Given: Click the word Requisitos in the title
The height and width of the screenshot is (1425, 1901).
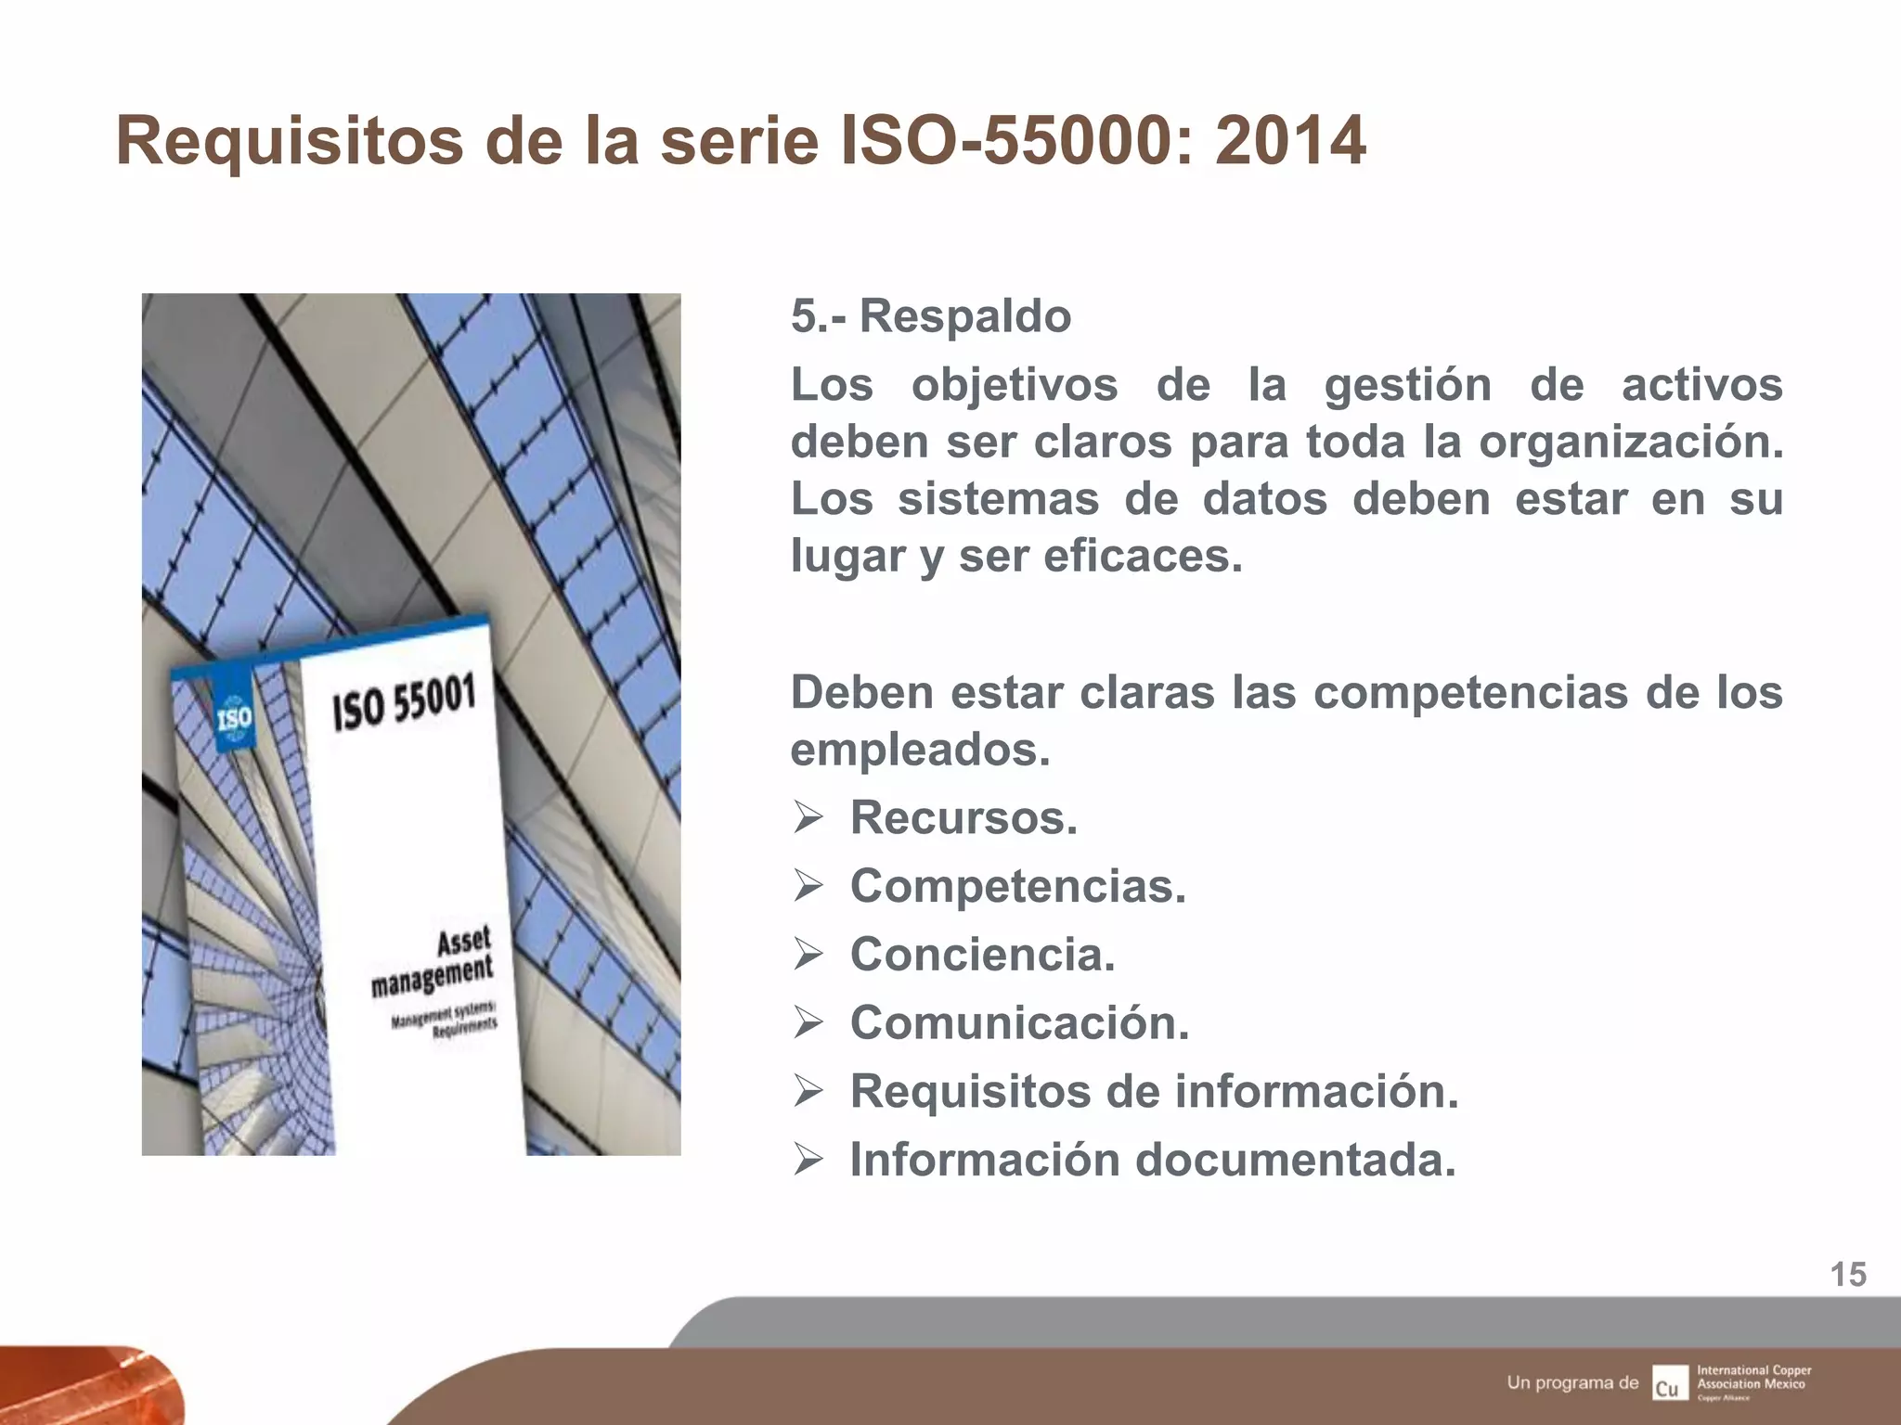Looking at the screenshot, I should [x=289, y=142].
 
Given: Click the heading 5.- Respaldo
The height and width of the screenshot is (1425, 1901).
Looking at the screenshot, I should [x=930, y=316].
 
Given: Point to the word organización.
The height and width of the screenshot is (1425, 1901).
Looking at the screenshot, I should [x=1630, y=443].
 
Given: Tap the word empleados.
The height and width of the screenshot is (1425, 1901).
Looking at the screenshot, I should [x=920, y=750].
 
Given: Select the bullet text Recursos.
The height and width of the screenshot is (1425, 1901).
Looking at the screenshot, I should [x=963, y=818].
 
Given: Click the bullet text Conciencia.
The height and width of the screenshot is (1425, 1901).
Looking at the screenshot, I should [x=982, y=955].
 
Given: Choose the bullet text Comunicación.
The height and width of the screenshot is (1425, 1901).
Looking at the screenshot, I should [x=1019, y=1023].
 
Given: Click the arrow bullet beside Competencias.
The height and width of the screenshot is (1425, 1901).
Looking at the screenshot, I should [x=808, y=887].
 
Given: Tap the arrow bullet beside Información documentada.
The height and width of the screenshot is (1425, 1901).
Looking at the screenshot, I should [x=808, y=1161].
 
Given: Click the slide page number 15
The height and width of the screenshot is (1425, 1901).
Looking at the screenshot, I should [x=1847, y=1275].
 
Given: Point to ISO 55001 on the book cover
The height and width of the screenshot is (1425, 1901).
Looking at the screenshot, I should [x=405, y=703].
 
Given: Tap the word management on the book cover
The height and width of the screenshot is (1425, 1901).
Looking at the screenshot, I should [x=433, y=976].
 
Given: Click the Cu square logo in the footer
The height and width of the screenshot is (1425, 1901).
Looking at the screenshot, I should [x=1668, y=1383].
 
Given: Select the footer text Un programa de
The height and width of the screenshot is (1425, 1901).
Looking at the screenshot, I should [x=1572, y=1382].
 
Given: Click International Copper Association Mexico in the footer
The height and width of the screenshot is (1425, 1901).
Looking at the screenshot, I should [x=1753, y=1377].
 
